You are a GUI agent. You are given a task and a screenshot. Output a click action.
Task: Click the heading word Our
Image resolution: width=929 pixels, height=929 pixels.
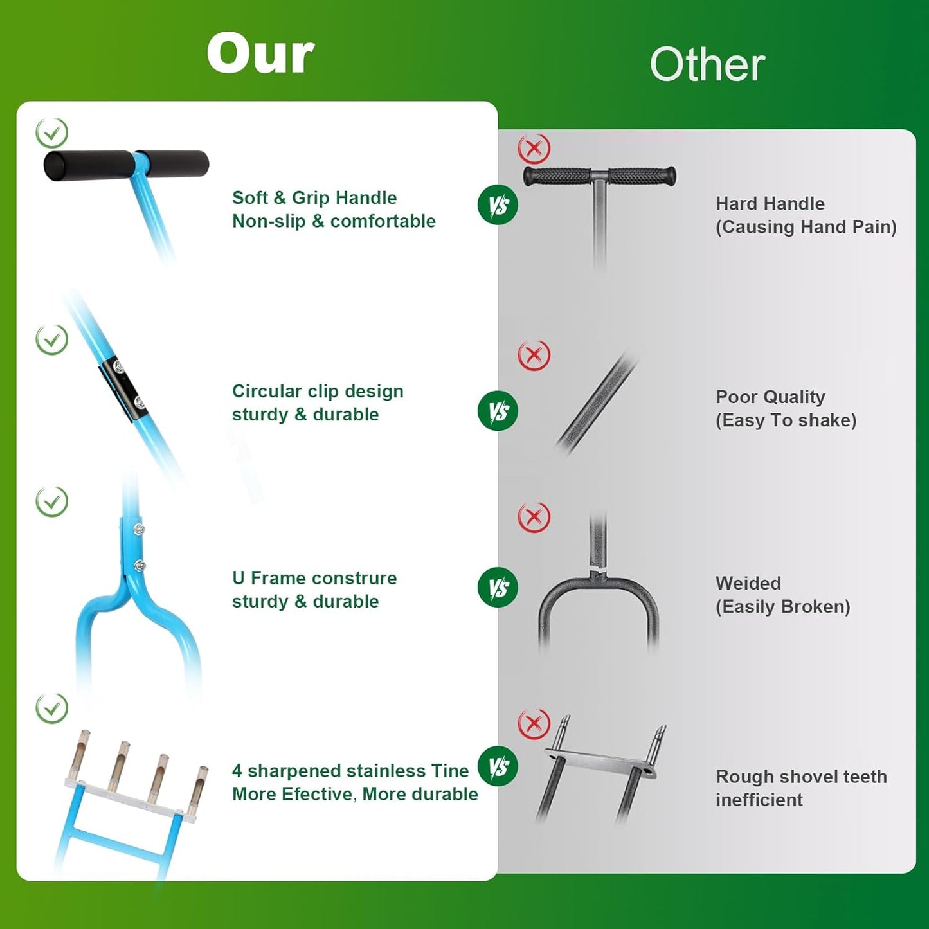260,53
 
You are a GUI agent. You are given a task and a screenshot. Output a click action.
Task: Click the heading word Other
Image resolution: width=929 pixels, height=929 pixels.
707,64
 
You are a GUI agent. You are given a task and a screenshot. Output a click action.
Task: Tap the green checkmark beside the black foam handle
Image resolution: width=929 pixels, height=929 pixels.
51,132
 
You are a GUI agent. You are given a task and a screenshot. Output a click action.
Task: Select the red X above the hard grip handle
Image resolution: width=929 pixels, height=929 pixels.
534,149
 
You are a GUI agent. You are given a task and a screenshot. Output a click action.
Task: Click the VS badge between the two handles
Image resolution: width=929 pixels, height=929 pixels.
498,205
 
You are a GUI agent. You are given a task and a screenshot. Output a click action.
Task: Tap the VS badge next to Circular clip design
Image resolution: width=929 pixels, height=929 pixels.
498,411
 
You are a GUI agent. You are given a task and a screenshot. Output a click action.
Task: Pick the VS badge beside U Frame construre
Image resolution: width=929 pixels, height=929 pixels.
498,587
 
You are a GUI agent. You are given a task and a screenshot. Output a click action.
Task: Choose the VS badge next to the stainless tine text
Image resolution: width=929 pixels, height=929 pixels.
498,766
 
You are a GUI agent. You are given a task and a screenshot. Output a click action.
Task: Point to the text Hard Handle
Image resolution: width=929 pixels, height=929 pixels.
770,203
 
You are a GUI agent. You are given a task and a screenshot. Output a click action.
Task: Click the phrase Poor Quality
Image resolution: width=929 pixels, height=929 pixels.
770,397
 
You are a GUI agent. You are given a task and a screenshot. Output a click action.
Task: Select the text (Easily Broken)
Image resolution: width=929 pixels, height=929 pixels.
783,606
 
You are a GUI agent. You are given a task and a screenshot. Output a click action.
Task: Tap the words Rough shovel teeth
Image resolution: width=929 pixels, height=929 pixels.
801,777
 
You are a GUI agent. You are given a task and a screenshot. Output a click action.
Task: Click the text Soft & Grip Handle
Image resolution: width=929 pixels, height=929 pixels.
314,197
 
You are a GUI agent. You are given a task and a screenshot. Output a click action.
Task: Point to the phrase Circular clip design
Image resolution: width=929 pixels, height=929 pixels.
318,391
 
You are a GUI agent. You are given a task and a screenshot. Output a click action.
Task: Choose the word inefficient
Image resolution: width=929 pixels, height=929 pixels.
759,800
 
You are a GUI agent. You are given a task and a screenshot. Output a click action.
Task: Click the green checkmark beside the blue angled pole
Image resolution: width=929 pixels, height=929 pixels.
51,339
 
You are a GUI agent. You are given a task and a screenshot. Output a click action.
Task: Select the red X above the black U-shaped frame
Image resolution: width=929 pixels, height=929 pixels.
534,518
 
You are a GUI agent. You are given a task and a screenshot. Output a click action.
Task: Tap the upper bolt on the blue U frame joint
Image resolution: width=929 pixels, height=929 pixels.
140,529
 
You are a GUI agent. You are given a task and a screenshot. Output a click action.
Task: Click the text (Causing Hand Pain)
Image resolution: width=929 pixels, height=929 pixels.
806,227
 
